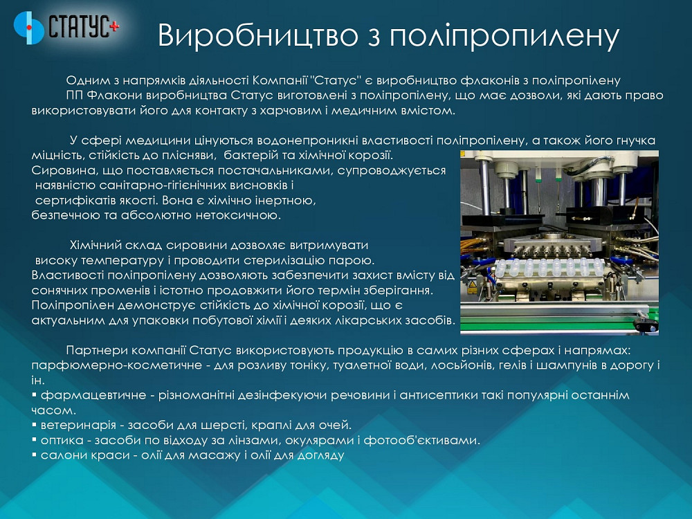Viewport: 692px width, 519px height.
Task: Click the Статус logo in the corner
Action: (66, 27)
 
